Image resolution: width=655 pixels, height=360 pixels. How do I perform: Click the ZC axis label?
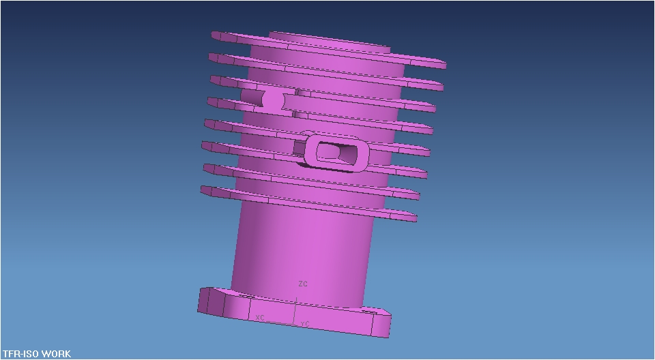pyautogui.click(x=303, y=284)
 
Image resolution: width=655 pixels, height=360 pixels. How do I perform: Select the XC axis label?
pyautogui.click(x=259, y=318)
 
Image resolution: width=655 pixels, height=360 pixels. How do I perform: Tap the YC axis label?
pyautogui.click(x=305, y=323)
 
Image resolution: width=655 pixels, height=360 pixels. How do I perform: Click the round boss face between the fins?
pyautogui.click(x=273, y=100)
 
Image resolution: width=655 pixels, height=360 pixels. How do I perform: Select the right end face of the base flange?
pyautogui.click(x=383, y=325)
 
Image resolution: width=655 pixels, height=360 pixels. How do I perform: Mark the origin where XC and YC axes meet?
pyautogui.click(x=295, y=305)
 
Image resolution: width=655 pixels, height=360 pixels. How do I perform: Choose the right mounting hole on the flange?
pyautogui.click(x=369, y=312)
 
